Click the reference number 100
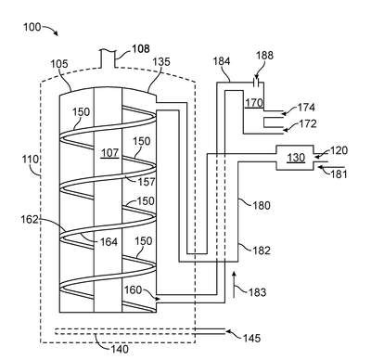[32, 27]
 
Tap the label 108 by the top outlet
[141, 49]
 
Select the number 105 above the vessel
[59, 64]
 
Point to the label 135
[161, 62]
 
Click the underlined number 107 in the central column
[110, 152]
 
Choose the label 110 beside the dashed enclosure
[31, 160]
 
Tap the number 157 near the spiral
[147, 182]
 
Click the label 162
[30, 220]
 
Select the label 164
[109, 242]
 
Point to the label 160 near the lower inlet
[133, 290]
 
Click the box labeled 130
[295, 158]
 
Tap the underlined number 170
[254, 102]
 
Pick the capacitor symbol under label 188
[257, 83]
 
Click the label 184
[222, 61]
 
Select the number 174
[306, 108]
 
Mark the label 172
[308, 123]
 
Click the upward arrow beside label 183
[234, 285]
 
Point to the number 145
[251, 338]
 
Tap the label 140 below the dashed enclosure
[120, 350]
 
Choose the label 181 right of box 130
[339, 174]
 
